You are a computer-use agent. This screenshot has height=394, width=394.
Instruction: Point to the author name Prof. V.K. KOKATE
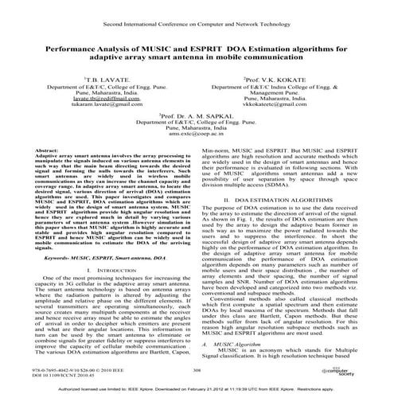[x=275, y=81]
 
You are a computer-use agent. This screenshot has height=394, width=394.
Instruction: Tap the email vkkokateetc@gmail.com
[x=275, y=104]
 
